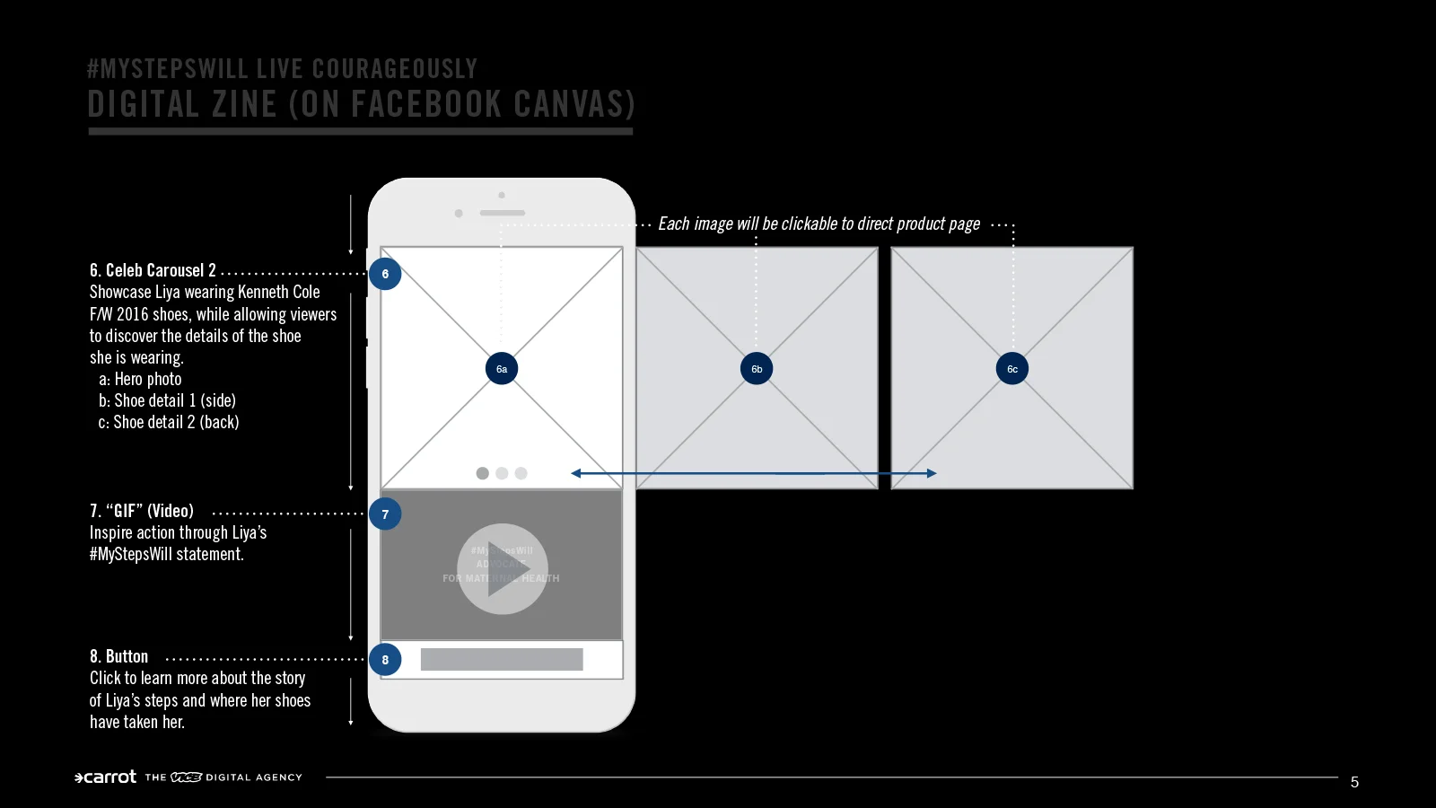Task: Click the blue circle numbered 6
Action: (385, 274)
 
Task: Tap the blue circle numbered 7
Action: (385, 514)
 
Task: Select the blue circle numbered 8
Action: (385, 660)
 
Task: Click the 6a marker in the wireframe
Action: (502, 369)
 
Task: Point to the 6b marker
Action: (757, 369)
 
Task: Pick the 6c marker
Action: (1012, 369)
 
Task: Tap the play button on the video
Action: (503, 569)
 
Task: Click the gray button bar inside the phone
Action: (502, 660)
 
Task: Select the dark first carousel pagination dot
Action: (483, 473)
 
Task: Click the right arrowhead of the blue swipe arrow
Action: (932, 473)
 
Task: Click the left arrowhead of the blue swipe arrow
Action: (576, 473)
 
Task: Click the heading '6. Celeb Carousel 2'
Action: (153, 270)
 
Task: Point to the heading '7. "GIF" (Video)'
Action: (142, 511)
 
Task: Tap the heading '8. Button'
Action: (119, 656)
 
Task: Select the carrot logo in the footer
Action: (106, 777)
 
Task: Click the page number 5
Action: (1354, 782)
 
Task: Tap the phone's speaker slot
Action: (502, 214)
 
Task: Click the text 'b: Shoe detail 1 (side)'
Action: (167, 400)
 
